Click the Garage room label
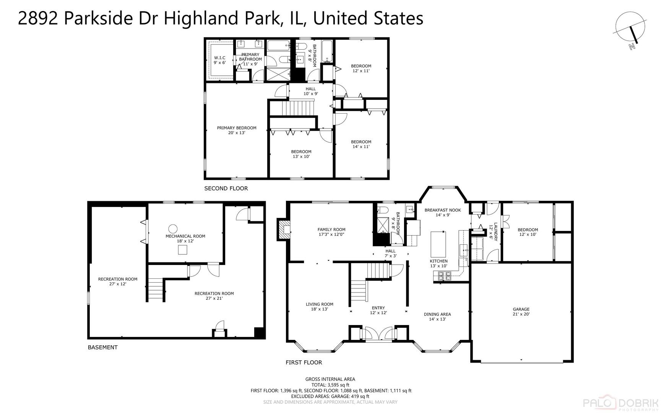pyautogui.click(x=521, y=311)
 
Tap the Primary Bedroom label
pyautogui.click(x=236, y=130)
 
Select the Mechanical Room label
pyautogui.click(x=185, y=238)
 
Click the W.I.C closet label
pyautogui.click(x=219, y=60)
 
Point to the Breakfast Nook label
pyautogui.click(x=442, y=212)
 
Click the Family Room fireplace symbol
pyautogui.click(x=283, y=229)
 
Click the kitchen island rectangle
pyautogui.click(x=439, y=244)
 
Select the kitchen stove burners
pyautogui.click(x=445, y=275)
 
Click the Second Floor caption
pyautogui.click(x=226, y=188)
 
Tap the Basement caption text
pyautogui.click(x=102, y=347)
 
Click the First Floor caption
pyautogui.click(x=304, y=362)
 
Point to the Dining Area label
pyautogui.click(x=437, y=317)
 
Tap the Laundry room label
pyautogui.click(x=493, y=232)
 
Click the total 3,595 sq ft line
pyautogui.click(x=330, y=385)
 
